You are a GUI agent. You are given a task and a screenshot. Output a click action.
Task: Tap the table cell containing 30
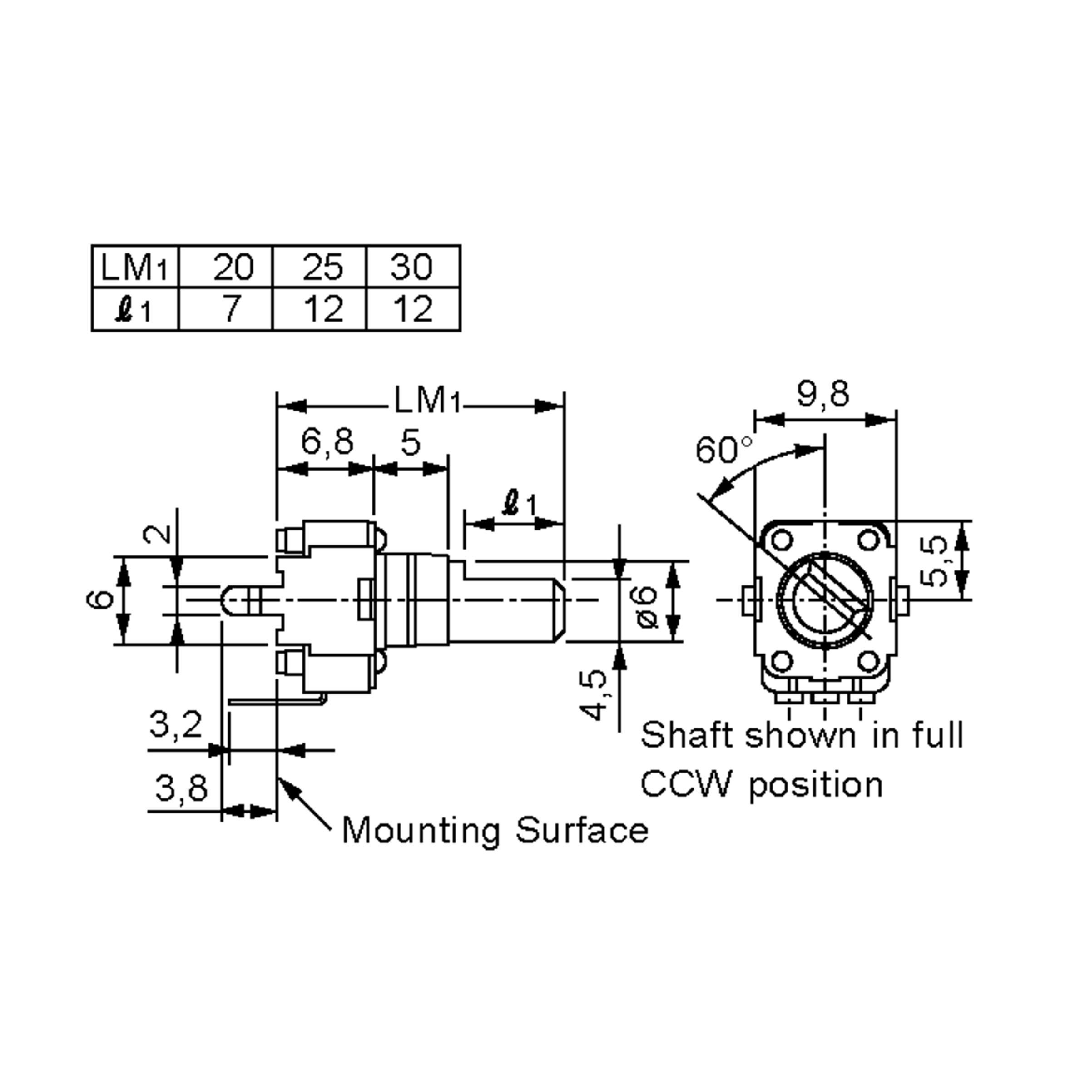(413, 266)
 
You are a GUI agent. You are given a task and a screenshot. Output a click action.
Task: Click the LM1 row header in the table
(134, 266)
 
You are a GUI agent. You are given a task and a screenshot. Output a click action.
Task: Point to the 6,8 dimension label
(327, 442)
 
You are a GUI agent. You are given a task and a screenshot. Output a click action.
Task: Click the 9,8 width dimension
(823, 394)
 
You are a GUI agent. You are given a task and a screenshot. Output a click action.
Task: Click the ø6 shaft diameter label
(647, 606)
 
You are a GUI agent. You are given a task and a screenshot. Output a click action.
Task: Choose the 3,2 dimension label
(175, 724)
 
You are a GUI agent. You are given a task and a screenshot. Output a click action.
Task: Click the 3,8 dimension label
(181, 788)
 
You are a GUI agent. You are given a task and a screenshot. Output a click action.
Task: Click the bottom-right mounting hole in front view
(869, 661)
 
